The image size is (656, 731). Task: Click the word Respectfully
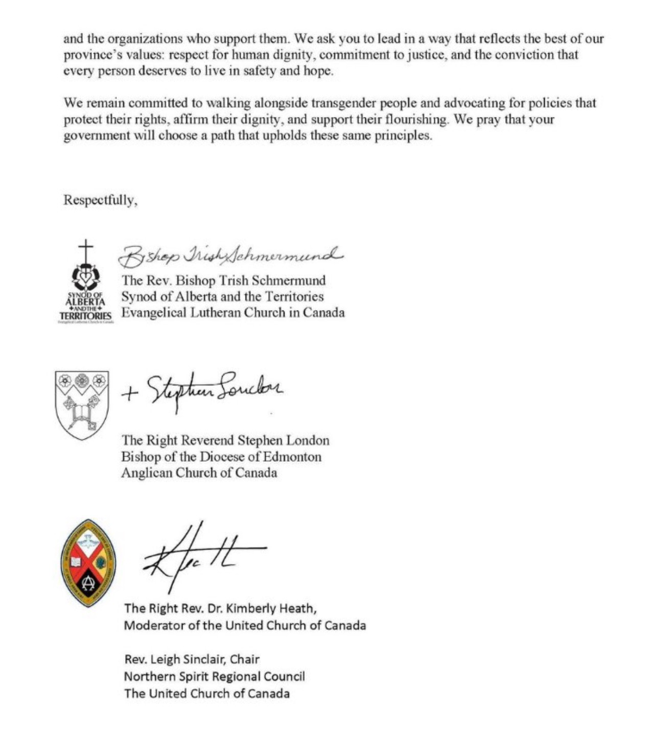pyautogui.click(x=100, y=200)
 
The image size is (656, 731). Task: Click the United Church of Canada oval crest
pyautogui.click(x=88, y=563)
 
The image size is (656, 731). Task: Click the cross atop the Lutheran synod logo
pyautogui.click(x=86, y=250)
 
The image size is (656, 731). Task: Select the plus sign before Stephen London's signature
pyautogui.click(x=130, y=393)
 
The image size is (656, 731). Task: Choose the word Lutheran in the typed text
pyautogui.click(x=215, y=313)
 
